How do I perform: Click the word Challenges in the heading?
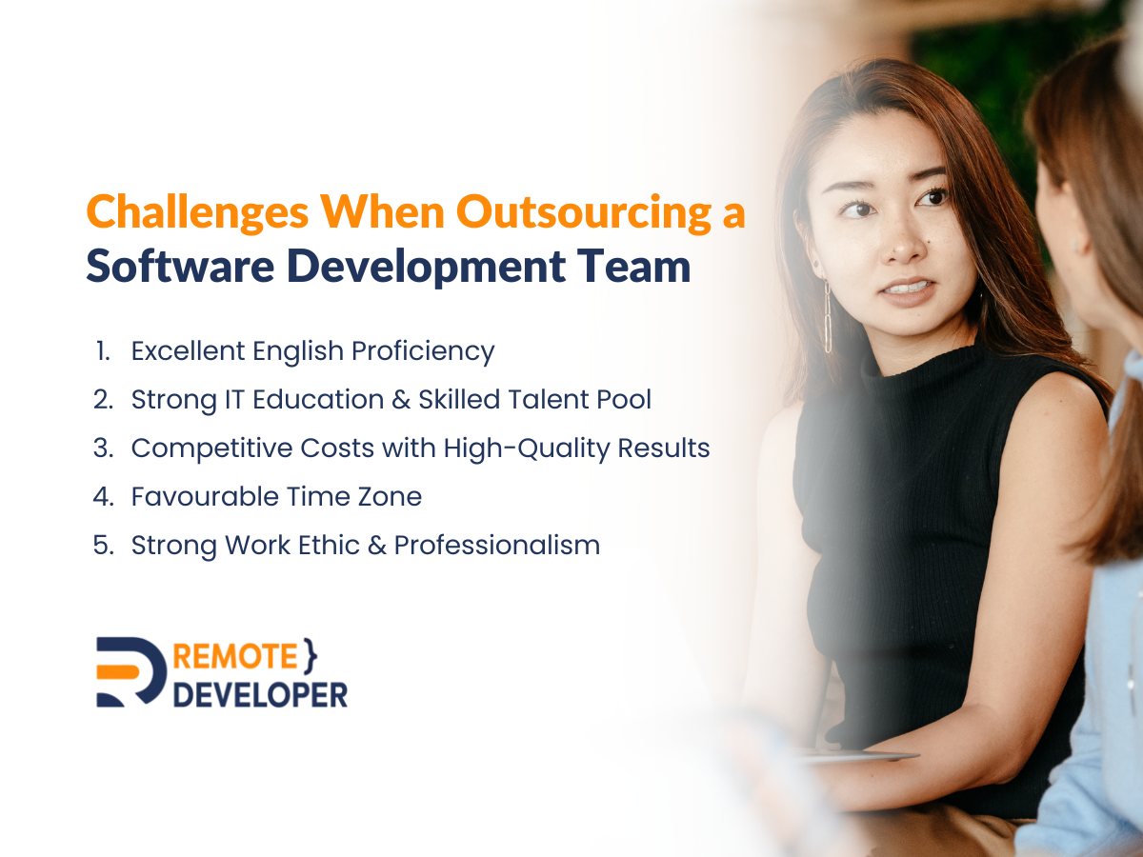[x=198, y=213]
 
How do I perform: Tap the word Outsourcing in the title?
[x=584, y=213]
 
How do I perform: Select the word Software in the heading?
[x=180, y=266]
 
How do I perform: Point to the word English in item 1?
[x=298, y=351]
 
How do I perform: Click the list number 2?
[x=103, y=399]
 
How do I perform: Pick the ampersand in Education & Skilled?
[x=401, y=400]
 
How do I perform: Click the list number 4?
[x=103, y=496]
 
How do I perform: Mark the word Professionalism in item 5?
[x=497, y=546]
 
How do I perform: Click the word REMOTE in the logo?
[x=235, y=656]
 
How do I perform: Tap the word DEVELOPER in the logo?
[x=260, y=695]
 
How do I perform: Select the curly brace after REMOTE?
[x=310, y=656]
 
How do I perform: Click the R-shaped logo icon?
[x=130, y=671]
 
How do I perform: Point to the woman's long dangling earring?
[x=828, y=317]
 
